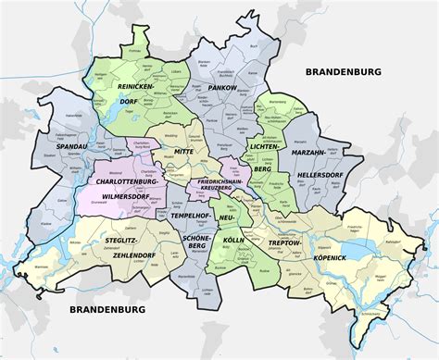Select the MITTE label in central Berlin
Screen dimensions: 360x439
pos(184,151)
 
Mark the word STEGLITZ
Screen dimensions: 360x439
pos(123,241)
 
